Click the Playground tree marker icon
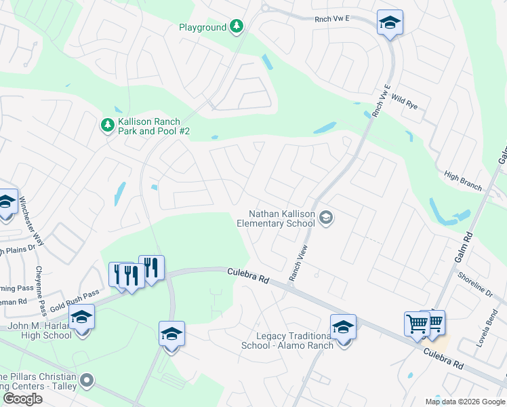click(x=236, y=27)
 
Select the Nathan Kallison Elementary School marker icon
click(x=326, y=218)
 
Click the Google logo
click(x=22, y=399)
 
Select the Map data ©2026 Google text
click(x=465, y=402)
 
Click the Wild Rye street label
click(x=404, y=102)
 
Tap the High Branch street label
click(x=463, y=181)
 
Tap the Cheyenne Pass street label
click(x=41, y=291)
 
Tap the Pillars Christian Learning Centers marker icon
click(x=86, y=380)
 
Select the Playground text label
click(x=202, y=27)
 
